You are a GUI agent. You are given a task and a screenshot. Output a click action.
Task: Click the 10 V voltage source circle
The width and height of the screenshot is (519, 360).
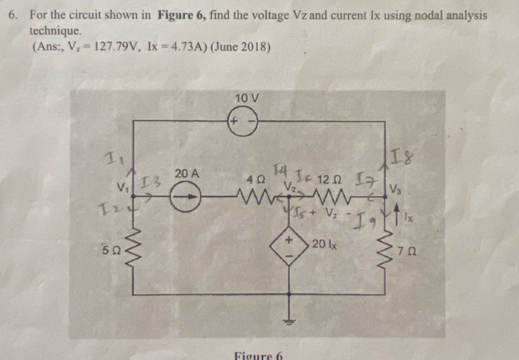[242, 121]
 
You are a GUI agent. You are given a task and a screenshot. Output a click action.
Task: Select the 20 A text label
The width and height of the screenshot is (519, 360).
[187, 173]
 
